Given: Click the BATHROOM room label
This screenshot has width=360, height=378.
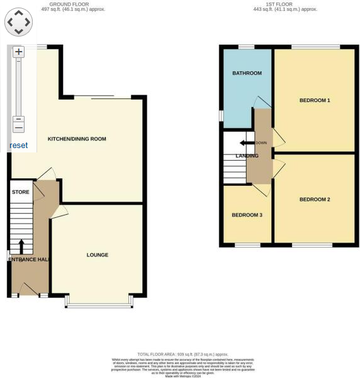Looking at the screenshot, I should [x=247, y=73].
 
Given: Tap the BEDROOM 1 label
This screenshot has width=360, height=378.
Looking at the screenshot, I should [x=315, y=100].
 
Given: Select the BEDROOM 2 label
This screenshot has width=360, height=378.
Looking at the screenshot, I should [x=315, y=200].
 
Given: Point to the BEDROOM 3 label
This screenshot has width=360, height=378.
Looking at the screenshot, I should [x=247, y=215].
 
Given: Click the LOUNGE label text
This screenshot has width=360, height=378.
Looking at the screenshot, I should [x=98, y=255].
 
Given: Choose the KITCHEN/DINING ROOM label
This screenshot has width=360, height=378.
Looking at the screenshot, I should [x=77, y=139].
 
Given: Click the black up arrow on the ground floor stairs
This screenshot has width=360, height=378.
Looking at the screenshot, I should [x=21, y=245].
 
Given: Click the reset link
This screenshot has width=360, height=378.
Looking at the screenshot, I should [x=18, y=146].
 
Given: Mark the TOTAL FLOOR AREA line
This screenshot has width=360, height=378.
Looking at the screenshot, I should [x=183, y=355].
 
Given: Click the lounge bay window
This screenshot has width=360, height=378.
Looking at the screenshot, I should [x=99, y=306].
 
